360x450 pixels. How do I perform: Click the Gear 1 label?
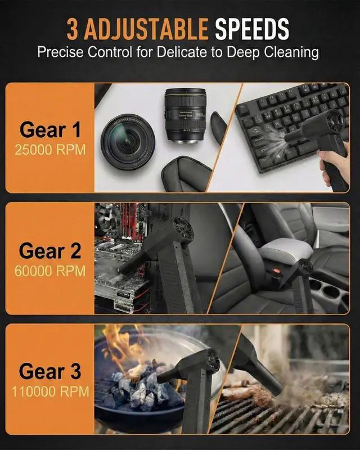[x=50, y=129]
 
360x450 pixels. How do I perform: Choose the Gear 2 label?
[x=50, y=250]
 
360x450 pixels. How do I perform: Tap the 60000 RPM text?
[x=50, y=271]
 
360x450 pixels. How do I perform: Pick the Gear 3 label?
[x=50, y=371]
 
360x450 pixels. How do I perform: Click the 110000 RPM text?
[x=50, y=392]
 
